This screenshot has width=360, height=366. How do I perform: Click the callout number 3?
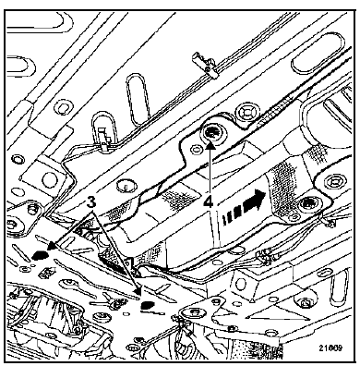(90, 202)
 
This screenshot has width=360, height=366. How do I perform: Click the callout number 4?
(209, 202)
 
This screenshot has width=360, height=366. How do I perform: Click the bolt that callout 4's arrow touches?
(210, 133)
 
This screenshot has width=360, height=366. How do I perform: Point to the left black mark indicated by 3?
(40, 255)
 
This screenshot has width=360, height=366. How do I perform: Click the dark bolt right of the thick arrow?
(307, 204)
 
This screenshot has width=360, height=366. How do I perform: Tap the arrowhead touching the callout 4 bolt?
(210, 145)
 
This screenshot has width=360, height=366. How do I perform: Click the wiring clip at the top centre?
(205, 65)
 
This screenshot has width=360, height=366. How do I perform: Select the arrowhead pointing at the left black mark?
(52, 245)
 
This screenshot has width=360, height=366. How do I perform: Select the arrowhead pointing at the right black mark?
(138, 291)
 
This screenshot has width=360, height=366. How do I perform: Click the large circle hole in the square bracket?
(49, 178)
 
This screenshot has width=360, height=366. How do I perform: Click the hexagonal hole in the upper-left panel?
(62, 107)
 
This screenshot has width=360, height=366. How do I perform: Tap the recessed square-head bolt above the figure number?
(304, 303)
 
